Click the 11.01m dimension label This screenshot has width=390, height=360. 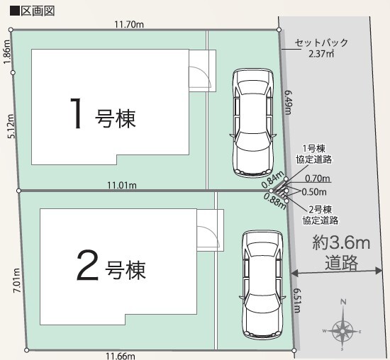(121, 185)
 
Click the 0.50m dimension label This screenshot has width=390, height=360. (314, 191)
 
